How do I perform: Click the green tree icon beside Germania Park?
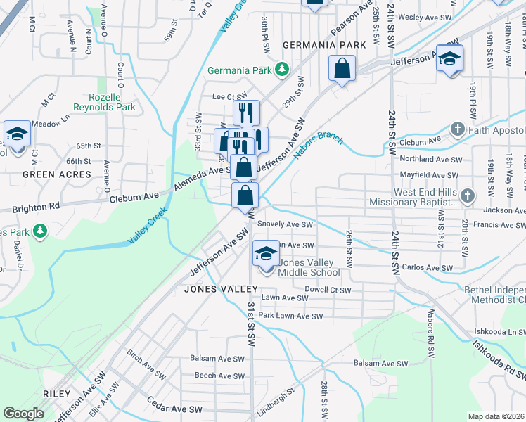click(282, 70)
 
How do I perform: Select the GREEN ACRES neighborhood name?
click(57, 174)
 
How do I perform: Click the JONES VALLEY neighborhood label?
click(216, 289)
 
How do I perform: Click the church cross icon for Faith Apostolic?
click(457, 130)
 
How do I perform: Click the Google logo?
click(23, 414)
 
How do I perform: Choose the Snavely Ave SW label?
click(284, 224)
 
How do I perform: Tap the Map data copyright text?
click(496, 416)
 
